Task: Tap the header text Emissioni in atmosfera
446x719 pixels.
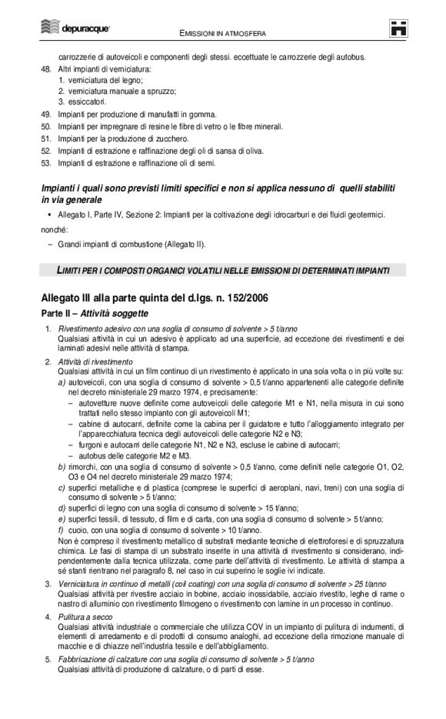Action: [x=222, y=34]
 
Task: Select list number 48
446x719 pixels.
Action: [x=45, y=69]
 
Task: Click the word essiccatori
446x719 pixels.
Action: [x=86, y=102]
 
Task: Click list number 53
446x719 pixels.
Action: [x=45, y=163]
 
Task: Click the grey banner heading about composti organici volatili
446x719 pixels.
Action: [x=222, y=270]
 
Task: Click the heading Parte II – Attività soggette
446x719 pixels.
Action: [x=95, y=314]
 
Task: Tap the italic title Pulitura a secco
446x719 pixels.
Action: [x=82, y=617]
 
